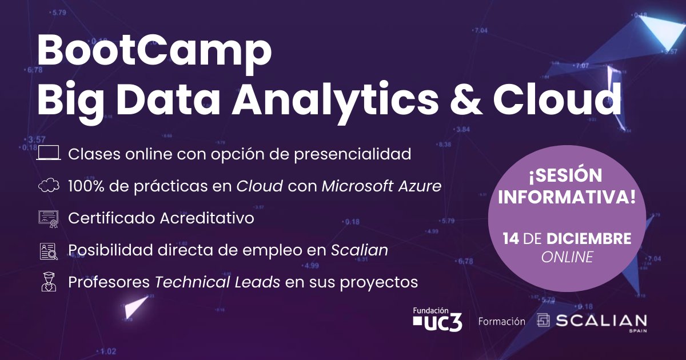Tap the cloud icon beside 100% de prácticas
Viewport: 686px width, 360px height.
point(49,186)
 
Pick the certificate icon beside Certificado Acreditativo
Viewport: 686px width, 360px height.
point(49,219)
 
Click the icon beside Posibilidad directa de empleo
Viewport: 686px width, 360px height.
point(49,251)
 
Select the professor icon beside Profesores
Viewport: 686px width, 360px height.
point(49,282)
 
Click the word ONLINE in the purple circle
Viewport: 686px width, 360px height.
point(567,258)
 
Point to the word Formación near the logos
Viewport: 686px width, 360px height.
point(501,321)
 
